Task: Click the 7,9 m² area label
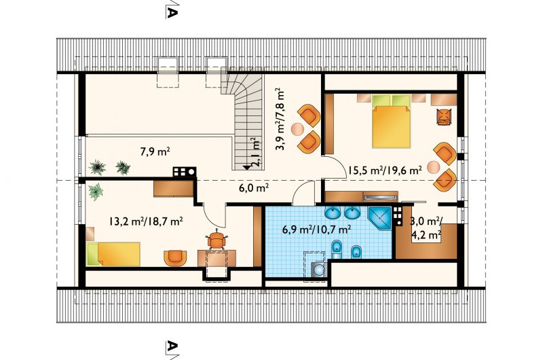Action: pyautogui.click(x=155, y=151)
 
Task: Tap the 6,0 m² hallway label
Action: pyautogui.click(x=254, y=187)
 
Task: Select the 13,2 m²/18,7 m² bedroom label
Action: pyautogui.click(x=146, y=221)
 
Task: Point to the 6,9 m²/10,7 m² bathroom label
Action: pyautogui.click(x=317, y=230)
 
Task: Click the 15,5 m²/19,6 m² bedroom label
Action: pyautogui.click(x=385, y=170)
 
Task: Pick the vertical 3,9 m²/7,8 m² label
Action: pyautogui.click(x=280, y=120)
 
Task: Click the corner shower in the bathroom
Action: pyautogui.click(x=380, y=218)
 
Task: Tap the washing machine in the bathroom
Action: pyautogui.click(x=318, y=269)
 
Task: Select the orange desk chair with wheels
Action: pyautogui.click(x=217, y=239)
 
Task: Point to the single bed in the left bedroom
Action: pyautogui.click(x=113, y=254)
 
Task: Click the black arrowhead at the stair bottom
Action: pyautogui.click(x=246, y=167)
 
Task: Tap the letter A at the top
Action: pyautogui.click(x=172, y=12)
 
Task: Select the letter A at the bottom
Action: pyautogui.click(x=172, y=346)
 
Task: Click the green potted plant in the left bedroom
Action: pyautogui.click(x=96, y=192)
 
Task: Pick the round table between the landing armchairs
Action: pyautogui.click(x=297, y=129)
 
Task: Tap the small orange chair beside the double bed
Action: pyautogui.click(x=445, y=116)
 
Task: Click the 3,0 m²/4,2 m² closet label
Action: pyautogui.click(x=426, y=228)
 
